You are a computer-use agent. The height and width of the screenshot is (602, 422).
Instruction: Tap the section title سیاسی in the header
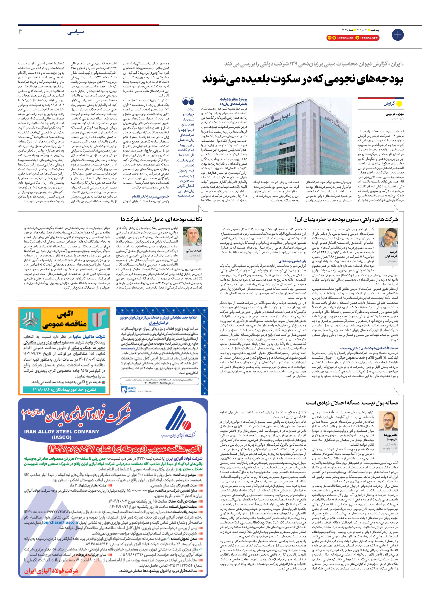point(75,32)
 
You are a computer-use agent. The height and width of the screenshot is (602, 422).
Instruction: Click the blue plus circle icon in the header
point(397,35)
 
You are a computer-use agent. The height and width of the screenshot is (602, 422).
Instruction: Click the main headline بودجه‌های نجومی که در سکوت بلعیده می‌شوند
point(303,79)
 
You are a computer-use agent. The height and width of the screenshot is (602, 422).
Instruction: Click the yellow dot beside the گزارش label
point(399,104)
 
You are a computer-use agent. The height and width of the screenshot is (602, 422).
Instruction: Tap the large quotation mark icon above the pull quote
point(188,102)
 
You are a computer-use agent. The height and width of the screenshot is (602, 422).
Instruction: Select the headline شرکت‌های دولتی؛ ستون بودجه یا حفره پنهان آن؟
point(346,220)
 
